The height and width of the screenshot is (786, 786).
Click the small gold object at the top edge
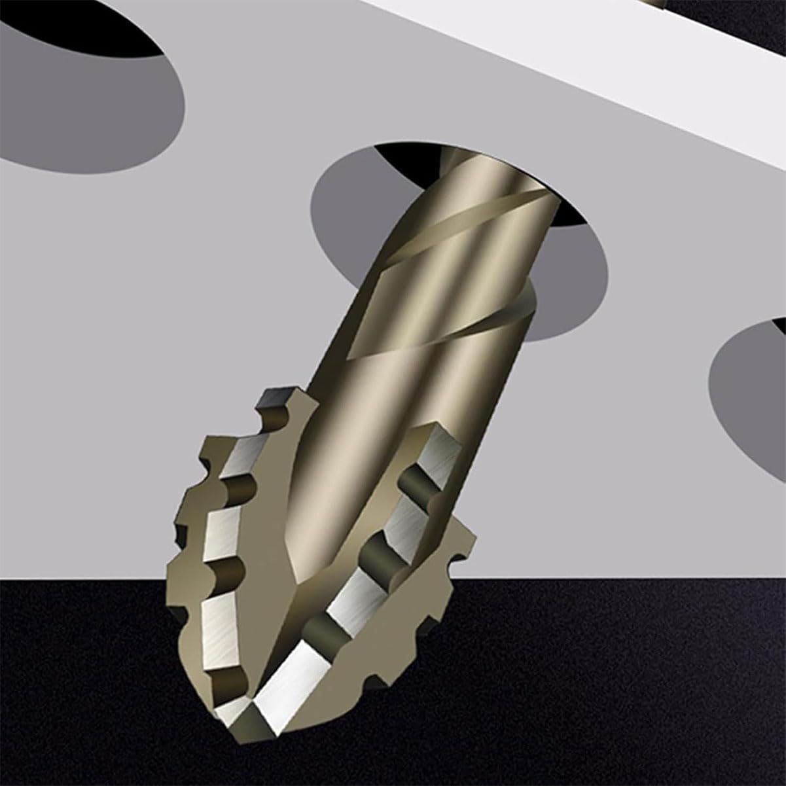tap(658, 4)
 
